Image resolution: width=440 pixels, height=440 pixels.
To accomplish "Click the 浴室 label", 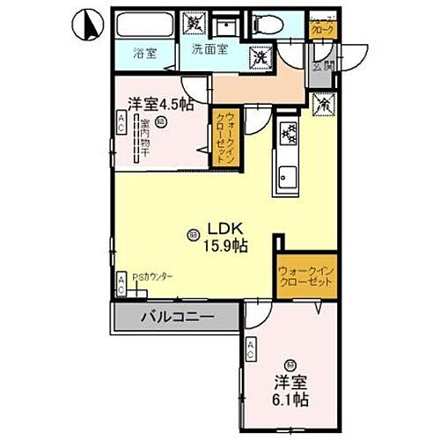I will pos(145,53).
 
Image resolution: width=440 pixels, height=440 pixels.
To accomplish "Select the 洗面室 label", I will pos(210,48).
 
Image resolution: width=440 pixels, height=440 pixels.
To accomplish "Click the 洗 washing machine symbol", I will pos(260,58).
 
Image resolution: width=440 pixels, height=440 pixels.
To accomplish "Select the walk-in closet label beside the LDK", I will pos(305,277).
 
